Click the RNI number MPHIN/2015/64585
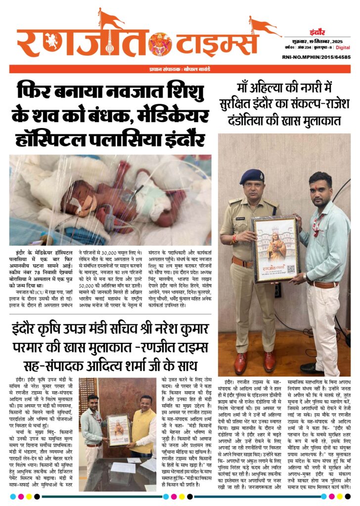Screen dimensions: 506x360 click(x=324, y=57)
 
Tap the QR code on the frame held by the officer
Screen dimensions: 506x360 click(x=291, y=269)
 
